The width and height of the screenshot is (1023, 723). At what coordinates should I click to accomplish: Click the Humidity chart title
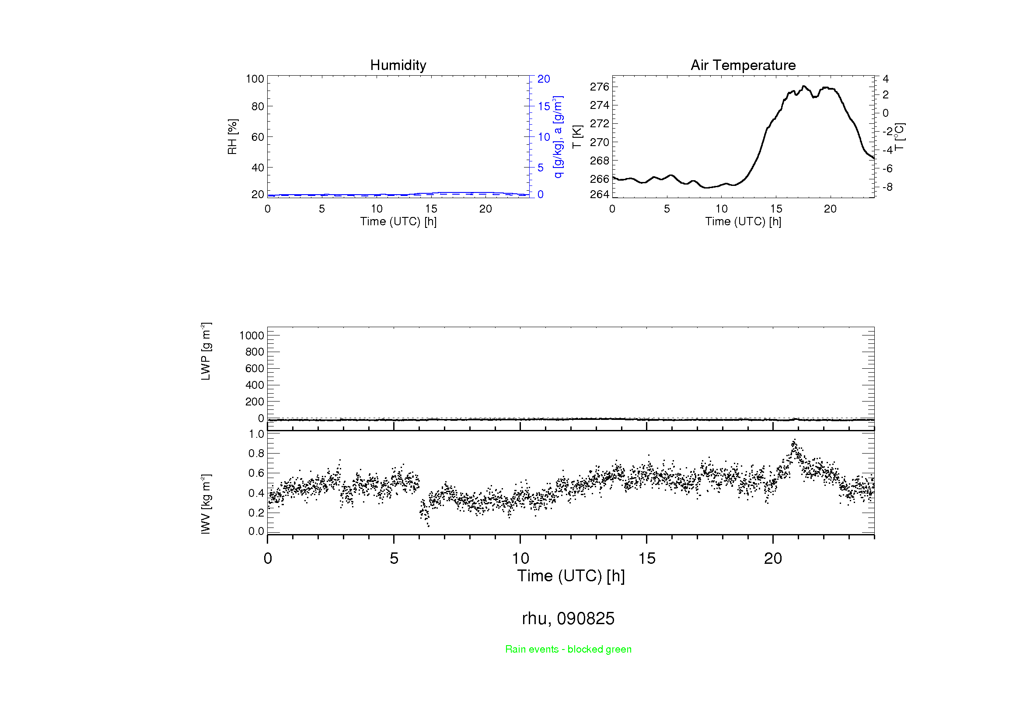tap(398, 65)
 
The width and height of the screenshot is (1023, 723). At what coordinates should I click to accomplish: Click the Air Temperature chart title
tap(743, 65)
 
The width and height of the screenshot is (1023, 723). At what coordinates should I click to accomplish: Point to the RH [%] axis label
tap(232, 137)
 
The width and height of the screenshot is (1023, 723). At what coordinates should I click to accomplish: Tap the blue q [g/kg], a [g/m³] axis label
tap(558, 137)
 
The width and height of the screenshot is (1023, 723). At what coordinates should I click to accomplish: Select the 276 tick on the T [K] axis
tap(599, 87)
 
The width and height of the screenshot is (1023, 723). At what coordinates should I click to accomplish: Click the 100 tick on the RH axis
tap(255, 79)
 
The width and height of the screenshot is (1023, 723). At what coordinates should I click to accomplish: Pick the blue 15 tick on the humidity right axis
tap(544, 106)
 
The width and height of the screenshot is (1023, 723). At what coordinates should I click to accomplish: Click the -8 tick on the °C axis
tap(887, 187)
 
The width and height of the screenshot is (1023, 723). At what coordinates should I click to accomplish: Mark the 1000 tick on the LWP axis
tap(252, 335)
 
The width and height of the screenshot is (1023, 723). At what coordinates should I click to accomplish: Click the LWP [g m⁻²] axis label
tap(206, 352)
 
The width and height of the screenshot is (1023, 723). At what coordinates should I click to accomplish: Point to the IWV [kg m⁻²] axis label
tap(206, 504)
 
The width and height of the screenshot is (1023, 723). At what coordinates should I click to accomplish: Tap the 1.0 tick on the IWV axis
tap(256, 434)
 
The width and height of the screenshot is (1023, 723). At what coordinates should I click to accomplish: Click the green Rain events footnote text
tap(568, 649)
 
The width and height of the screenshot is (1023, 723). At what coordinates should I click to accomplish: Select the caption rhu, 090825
tap(568, 618)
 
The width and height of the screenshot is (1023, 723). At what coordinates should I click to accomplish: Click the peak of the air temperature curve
tap(804, 86)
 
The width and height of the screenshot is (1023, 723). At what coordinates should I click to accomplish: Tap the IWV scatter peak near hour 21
tap(793, 441)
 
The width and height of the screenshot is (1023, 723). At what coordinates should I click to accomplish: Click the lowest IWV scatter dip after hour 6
tap(428, 526)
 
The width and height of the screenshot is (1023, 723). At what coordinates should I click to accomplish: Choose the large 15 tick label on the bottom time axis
tap(646, 558)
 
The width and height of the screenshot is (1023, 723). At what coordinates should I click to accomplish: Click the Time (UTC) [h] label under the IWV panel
tap(571, 576)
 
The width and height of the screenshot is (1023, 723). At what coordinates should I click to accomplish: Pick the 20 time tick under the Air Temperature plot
tap(830, 209)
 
